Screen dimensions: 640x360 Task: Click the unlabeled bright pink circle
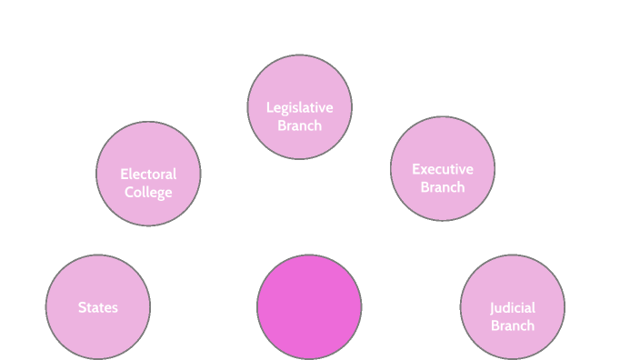pyautogui.click(x=309, y=306)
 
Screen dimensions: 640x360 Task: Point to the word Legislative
pyautogui.click(x=300, y=107)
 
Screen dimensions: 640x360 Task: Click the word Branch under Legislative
pyautogui.click(x=300, y=125)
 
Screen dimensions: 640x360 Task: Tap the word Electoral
pyautogui.click(x=148, y=174)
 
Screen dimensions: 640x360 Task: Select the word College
pyautogui.click(x=148, y=192)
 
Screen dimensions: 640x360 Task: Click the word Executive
pyautogui.click(x=443, y=169)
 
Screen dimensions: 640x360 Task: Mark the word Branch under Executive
pyautogui.click(x=443, y=187)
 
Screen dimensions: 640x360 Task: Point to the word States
pyautogui.click(x=98, y=307)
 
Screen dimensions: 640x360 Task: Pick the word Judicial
pyautogui.click(x=513, y=307)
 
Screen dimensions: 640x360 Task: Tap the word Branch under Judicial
pyautogui.click(x=513, y=325)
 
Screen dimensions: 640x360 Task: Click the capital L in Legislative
pyautogui.click(x=269, y=107)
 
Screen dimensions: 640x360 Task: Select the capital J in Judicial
pyautogui.click(x=493, y=307)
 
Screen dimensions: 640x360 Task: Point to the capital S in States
pyautogui.click(x=82, y=307)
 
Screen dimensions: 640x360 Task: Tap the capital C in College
pyautogui.click(x=129, y=192)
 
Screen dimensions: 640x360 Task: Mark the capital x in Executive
pyautogui.click(x=424, y=169)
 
